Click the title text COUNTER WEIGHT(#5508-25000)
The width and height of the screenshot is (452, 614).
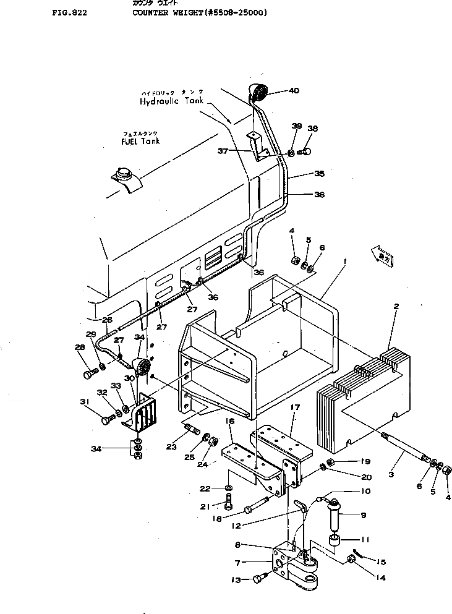coord(199,11)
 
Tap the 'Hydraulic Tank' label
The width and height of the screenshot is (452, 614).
coord(171,101)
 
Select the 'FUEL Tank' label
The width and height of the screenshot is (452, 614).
coord(140,141)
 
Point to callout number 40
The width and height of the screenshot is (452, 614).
coord(293,91)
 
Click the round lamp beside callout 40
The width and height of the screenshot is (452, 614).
coord(258,92)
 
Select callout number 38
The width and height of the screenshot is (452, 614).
coord(312,129)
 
